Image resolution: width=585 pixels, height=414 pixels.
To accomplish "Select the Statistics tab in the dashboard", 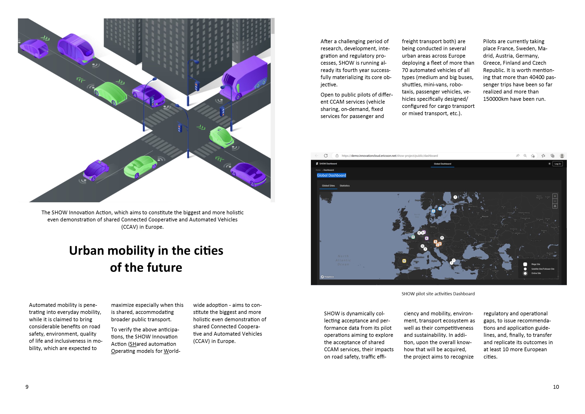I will (x=344, y=186).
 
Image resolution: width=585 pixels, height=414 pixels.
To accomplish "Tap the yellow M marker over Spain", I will (x=404, y=261).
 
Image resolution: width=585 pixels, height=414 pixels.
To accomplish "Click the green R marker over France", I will (x=413, y=237).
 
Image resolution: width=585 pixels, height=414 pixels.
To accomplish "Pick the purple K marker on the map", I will (x=427, y=238).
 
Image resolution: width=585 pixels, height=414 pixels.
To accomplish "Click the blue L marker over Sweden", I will (x=440, y=208).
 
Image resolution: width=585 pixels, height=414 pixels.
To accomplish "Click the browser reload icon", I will (x=326, y=156).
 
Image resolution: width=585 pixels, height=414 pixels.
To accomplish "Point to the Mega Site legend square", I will (x=525, y=264).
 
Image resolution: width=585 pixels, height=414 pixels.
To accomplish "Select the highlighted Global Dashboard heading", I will (x=331, y=175).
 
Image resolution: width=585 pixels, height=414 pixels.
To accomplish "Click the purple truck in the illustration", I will (x=245, y=78).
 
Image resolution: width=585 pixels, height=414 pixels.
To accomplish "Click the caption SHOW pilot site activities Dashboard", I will (x=438, y=294).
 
